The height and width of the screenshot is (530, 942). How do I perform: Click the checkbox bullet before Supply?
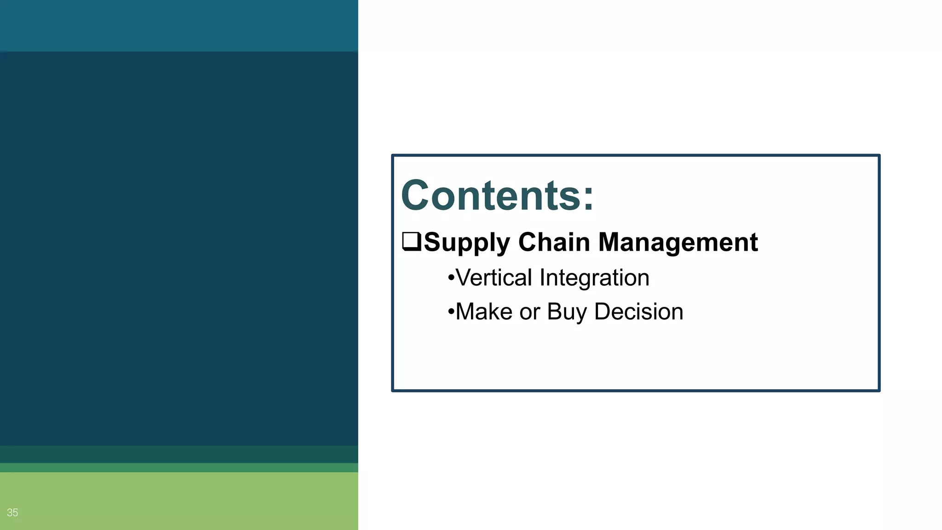(x=411, y=242)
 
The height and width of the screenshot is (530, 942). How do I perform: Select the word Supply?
(x=466, y=242)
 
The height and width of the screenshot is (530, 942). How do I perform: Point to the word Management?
(x=678, y=242)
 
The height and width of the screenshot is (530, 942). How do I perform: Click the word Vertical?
(x=494, y=278)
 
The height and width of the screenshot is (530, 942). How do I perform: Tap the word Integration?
(x=594, y=278)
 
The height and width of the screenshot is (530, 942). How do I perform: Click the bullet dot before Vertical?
(x=451, y=278)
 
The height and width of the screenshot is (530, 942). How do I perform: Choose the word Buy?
(x=567, y=312)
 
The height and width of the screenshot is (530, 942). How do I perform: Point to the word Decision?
(x=638, y=311)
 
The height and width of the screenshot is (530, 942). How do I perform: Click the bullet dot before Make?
(x=451, y=312)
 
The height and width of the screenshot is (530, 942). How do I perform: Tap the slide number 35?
(x=12, y=513)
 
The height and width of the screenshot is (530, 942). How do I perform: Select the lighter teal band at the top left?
(x=179, y=25)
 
